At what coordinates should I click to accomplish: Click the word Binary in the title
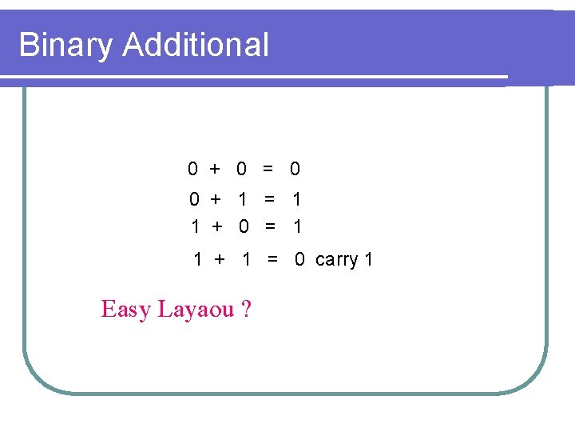66,46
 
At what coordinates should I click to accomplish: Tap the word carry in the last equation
337,260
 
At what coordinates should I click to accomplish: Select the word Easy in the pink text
125,309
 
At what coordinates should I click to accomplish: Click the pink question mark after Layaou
245,309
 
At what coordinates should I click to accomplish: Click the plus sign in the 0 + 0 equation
215,169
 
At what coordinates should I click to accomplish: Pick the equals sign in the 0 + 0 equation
268,169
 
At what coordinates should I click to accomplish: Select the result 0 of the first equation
295,169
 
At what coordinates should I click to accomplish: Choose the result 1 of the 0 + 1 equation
297,199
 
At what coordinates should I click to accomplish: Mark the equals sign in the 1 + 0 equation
271,227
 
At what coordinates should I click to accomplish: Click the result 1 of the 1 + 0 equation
298,227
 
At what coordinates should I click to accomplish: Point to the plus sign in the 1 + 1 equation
220,259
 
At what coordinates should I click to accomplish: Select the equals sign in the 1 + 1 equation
273,259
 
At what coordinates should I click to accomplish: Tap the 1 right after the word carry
368,260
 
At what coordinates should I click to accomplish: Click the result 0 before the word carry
299,259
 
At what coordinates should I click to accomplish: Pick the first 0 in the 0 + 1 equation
194,199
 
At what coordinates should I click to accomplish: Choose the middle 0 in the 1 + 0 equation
244,227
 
